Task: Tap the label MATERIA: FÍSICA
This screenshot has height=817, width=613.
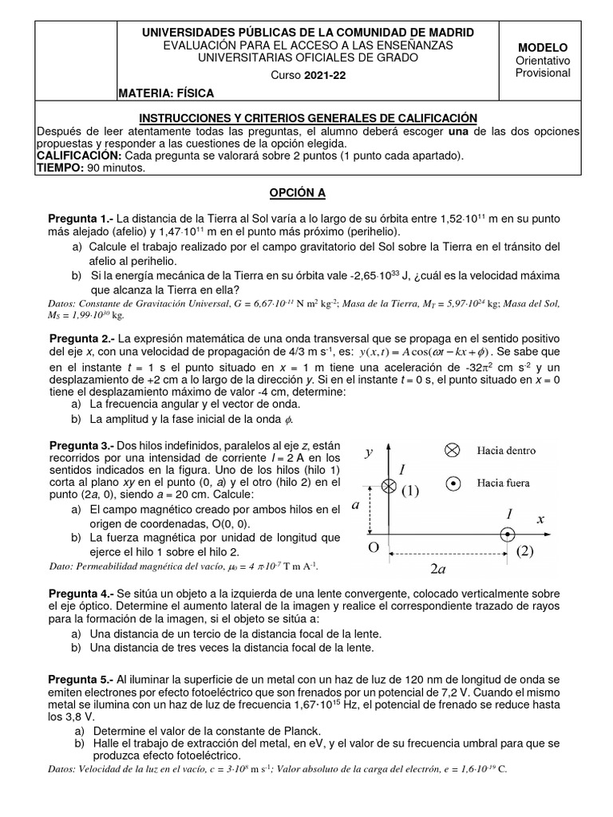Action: [166, 94]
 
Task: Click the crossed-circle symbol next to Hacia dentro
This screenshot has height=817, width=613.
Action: [452, 450]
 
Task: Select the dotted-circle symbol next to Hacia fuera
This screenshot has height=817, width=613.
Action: [452, 483]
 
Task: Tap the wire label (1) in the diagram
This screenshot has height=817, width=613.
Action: [410, 490]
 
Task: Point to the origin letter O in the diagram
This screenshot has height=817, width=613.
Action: [373, 549]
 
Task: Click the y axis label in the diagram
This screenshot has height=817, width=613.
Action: [369, 452]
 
